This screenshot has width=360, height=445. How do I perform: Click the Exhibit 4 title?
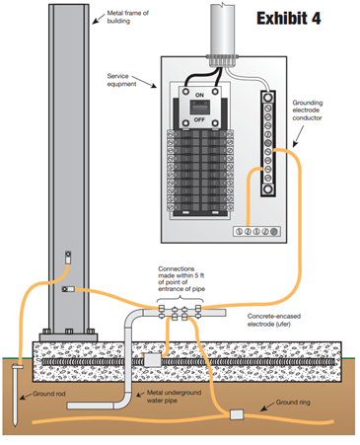click(x=288, y=18)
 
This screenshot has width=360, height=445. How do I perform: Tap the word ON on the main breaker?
click(x=199, y=95)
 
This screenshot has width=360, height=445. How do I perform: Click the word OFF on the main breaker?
click(x=199, y=119)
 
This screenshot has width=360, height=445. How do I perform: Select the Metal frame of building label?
click(x=127, y=17)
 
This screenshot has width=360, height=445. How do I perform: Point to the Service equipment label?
click(x=121, y=80)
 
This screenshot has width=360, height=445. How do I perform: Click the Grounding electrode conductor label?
click(x=308, y=111)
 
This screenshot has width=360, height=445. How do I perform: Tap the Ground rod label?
click(x=49, y=394)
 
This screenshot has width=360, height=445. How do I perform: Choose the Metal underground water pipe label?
click(x=174, y=397)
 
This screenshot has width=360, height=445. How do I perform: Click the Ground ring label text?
click(x=293, y=403)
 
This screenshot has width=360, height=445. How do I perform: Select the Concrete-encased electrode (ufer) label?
click(x=274, y=320)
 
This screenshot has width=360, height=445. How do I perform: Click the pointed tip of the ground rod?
click(x=15, y=425)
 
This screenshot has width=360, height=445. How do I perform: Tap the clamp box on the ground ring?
click(x=237, y=414)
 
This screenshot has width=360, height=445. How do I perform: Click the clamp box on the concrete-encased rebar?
click(x=153, y=360)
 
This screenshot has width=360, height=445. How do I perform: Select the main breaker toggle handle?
click(x=199, y=108)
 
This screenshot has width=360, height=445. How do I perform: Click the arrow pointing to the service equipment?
click(x=144, y=82)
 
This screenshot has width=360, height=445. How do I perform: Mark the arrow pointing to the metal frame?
click(x=99, y=19)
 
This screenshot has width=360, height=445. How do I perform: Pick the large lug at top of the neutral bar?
click(x=268, y=97)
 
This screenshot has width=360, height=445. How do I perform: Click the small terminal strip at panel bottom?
click(x=257, y=231)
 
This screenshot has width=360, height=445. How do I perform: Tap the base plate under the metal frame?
click(x=68, y=337)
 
